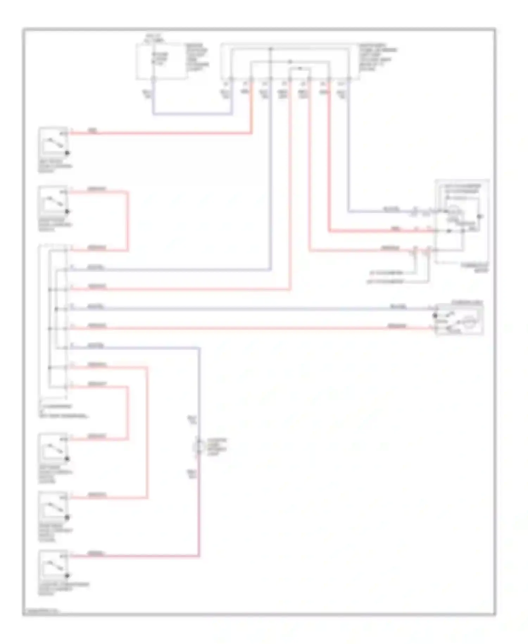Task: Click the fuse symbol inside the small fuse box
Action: pos(153,58)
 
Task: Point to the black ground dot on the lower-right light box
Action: pos(435,316)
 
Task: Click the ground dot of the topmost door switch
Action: pos(67,153)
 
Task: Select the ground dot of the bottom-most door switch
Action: pos(67,576)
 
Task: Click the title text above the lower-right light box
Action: pos(467,303)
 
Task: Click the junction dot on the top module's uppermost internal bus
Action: pos(271,49)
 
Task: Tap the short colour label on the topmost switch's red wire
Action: pos(93,131)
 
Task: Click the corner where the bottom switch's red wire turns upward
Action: pos(199,556)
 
